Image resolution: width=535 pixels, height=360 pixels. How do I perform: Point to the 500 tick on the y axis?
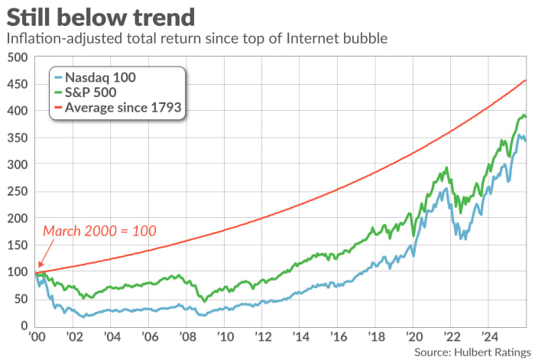click(16, 57)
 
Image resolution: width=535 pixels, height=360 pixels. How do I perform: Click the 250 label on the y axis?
click(16, 191)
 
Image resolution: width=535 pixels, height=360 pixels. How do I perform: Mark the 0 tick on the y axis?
click(22, 326)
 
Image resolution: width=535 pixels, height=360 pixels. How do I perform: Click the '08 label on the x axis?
click(186, 337)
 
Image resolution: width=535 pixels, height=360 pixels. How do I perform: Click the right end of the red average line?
click(526, 80)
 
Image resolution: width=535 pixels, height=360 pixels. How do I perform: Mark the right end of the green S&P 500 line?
click(526, 117)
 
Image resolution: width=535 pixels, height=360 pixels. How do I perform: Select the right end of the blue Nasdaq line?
click(526, 141)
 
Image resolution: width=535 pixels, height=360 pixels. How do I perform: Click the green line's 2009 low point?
click(204, 301)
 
